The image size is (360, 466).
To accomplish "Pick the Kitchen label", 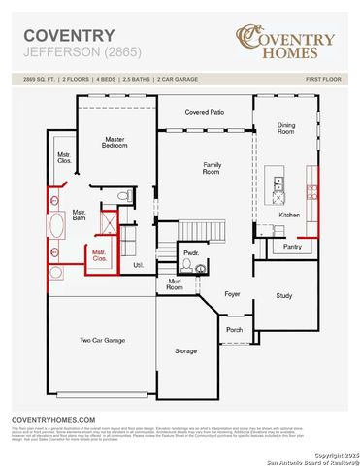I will pos(290,214).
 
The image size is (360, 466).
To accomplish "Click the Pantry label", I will pos(292,247).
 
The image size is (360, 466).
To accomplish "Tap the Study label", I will pos(283,295).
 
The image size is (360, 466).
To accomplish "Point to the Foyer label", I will pos(232,292).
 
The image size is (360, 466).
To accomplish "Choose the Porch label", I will pos(234,329).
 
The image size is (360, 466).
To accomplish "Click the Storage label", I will pos(185,350).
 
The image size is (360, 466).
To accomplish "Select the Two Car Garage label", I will pos(101,340).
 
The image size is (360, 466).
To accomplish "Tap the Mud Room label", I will pos(175,283).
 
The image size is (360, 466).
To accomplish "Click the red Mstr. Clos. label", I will pos(99,257).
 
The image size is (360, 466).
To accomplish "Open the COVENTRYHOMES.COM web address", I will pos(52,419).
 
